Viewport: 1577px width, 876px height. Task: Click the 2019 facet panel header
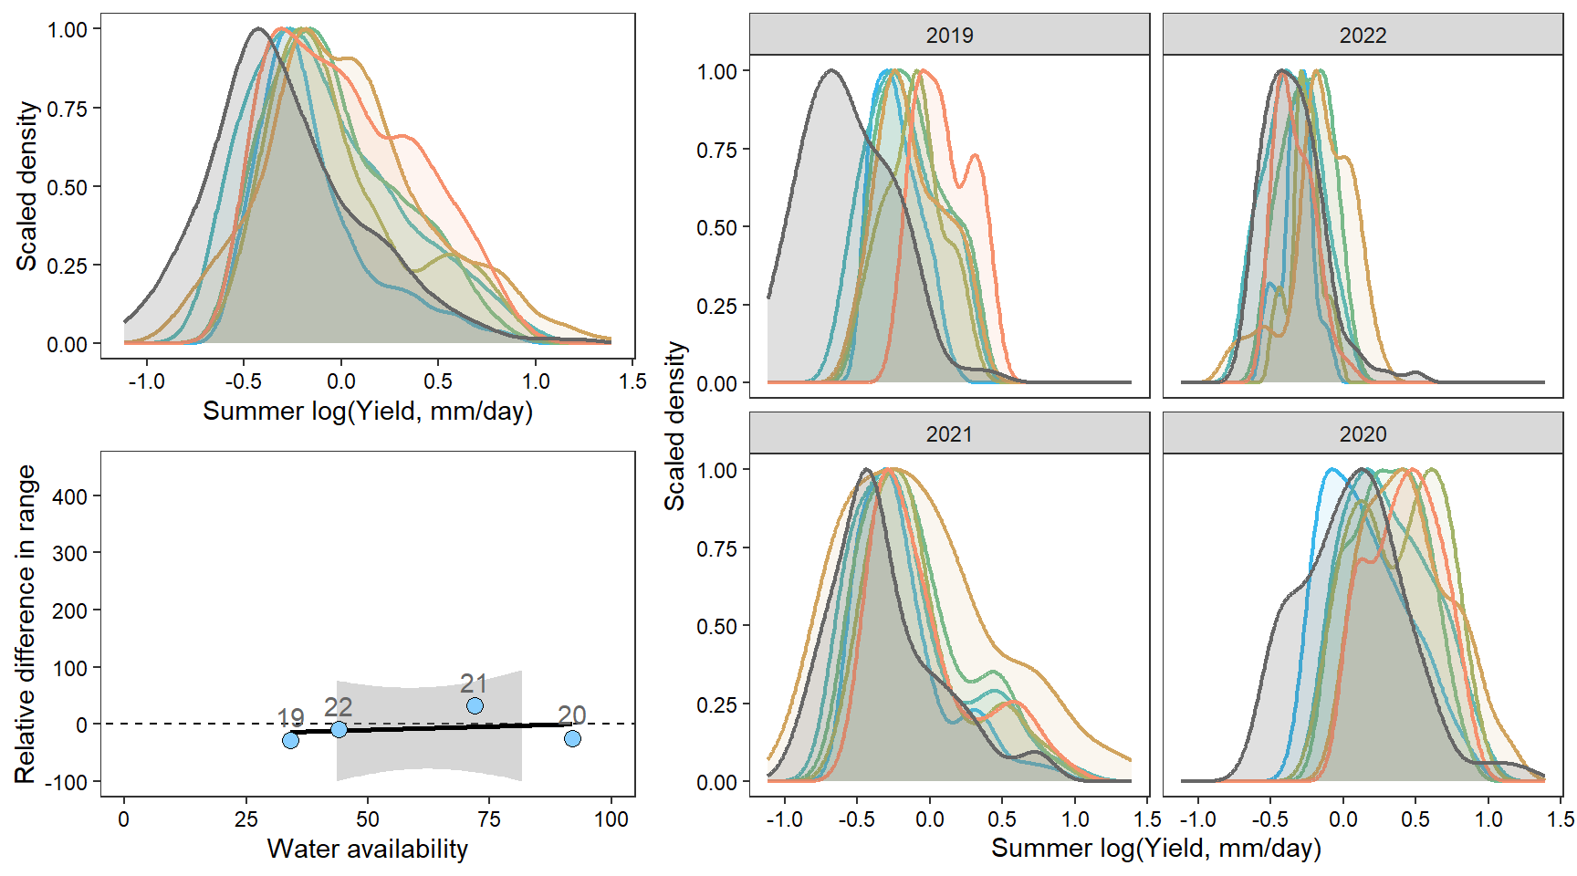949,35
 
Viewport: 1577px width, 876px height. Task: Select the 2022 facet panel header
1363,35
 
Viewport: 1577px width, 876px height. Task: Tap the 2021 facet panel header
949,433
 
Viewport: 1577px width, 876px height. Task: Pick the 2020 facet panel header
1363,433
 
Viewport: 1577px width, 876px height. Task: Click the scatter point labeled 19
290,740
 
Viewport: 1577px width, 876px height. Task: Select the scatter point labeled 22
339,729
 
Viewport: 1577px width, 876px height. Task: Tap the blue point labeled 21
475,705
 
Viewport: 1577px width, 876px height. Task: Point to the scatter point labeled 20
572,738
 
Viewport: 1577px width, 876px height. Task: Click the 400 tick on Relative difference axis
70,496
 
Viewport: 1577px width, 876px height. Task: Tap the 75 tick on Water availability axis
489,819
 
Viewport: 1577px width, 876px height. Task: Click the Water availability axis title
367,849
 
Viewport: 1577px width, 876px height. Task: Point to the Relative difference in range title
26,624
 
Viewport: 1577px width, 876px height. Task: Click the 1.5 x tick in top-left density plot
632,381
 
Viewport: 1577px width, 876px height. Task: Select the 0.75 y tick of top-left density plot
68,109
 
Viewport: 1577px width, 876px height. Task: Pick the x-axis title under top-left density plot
367,411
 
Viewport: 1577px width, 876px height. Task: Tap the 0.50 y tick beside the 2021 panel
717,627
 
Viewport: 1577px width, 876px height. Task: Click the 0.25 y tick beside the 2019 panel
717,306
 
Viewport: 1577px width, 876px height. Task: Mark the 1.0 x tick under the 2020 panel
1488,819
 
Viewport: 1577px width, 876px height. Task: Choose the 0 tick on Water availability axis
124,819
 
